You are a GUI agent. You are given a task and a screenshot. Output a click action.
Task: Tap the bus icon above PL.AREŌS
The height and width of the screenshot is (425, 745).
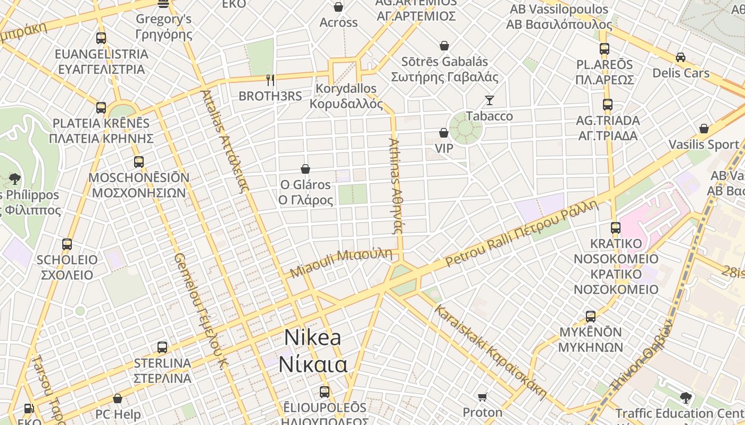tap(604, 49)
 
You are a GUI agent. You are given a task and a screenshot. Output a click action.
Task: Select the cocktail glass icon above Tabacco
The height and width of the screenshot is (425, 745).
tap(489, 100)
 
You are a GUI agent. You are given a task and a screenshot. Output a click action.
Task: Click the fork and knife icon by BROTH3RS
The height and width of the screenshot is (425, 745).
tap(270, 80)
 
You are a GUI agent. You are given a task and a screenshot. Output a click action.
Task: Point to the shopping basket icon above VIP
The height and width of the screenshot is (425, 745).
tap(444, 132)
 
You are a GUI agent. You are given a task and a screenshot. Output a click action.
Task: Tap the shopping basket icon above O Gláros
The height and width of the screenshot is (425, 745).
tap(305, 169)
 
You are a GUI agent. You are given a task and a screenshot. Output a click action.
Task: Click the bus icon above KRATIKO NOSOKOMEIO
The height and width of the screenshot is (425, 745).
tap(616, 228)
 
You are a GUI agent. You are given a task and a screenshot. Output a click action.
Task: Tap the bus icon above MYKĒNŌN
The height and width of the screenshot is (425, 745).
tap(591, 317)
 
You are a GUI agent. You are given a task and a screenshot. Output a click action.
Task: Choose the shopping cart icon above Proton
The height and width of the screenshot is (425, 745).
tap(483, 397)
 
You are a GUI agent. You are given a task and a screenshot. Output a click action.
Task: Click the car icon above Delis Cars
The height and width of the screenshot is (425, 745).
tap(680, 57)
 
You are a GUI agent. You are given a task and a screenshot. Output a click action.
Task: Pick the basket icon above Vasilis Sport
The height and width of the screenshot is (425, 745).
tap(704, 129)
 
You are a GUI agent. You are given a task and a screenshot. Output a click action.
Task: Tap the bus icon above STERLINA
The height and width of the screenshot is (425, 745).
tap(162, 347)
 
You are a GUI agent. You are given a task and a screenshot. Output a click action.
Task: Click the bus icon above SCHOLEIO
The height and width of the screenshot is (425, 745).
tap(67, 244)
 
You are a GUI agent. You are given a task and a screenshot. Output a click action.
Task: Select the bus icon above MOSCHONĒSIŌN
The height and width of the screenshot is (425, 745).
tap(139, 161)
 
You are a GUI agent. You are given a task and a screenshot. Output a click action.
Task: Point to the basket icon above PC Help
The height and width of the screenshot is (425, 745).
tap(118, 398)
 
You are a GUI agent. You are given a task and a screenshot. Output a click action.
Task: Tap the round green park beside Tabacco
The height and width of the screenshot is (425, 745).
tap(465, 127)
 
